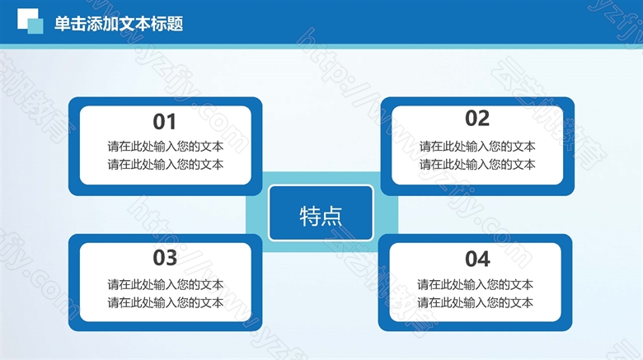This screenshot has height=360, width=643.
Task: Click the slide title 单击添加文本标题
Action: [119, 24]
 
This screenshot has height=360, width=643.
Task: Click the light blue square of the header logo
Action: [35, 26]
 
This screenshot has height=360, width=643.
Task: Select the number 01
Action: [164, 122]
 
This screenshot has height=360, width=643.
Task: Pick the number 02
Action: [477, 119]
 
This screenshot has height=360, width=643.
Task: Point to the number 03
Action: [165, 258]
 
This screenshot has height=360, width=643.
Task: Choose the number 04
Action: [477, 259]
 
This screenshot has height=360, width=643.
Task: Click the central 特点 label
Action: [321, 216]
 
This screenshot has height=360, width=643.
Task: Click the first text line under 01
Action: [165, 147]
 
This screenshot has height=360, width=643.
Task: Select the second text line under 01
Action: [165, 165]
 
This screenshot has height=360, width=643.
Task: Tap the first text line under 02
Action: [477, 147]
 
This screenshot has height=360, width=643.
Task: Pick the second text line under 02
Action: [477, 165]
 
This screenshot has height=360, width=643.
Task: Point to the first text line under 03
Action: [165, 284]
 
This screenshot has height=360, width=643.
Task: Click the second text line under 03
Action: [165, 302]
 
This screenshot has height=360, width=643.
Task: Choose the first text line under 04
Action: [475, 284]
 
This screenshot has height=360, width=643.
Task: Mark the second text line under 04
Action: [475, 302]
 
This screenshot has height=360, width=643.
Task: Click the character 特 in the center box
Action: [310, 216]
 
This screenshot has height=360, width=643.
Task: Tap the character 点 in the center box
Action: [331, 216]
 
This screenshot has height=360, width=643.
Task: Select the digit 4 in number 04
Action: [484, 259]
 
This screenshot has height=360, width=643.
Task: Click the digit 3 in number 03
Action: [171, 258]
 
